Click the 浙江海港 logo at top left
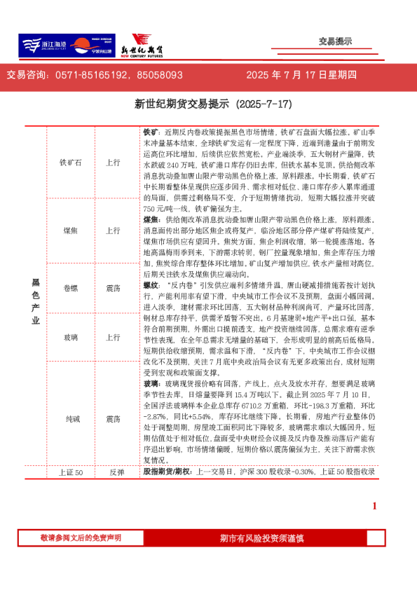click(x=40, y=45)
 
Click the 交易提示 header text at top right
click(x=335, y=41)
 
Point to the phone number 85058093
click(x=160, y=75)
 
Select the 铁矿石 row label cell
click(x=71, y=162)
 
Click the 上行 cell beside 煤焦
click(x=112, y=230)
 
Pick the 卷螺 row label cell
click(x=71, y=288)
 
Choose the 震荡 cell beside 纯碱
click(x=112, y=419)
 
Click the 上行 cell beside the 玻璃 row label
click(x=112, y=337)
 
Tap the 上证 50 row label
click(x=71, y=473)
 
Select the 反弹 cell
click(x=112, y=473)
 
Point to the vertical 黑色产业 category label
click(x=36, y=301)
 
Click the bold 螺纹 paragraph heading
click(x=151, y=286)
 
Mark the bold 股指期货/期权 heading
click(x=169, y=473)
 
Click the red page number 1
click(x=374, y=507)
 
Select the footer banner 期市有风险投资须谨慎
click(x=261, y=538)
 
